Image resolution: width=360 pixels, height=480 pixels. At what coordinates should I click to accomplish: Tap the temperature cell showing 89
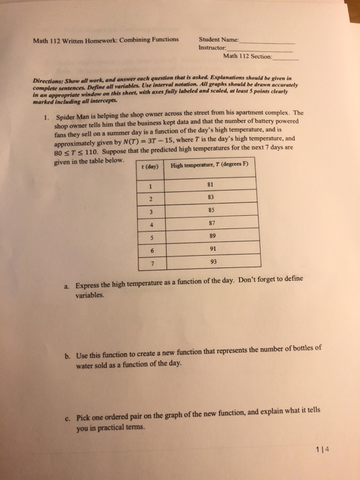(x=216, y=235)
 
